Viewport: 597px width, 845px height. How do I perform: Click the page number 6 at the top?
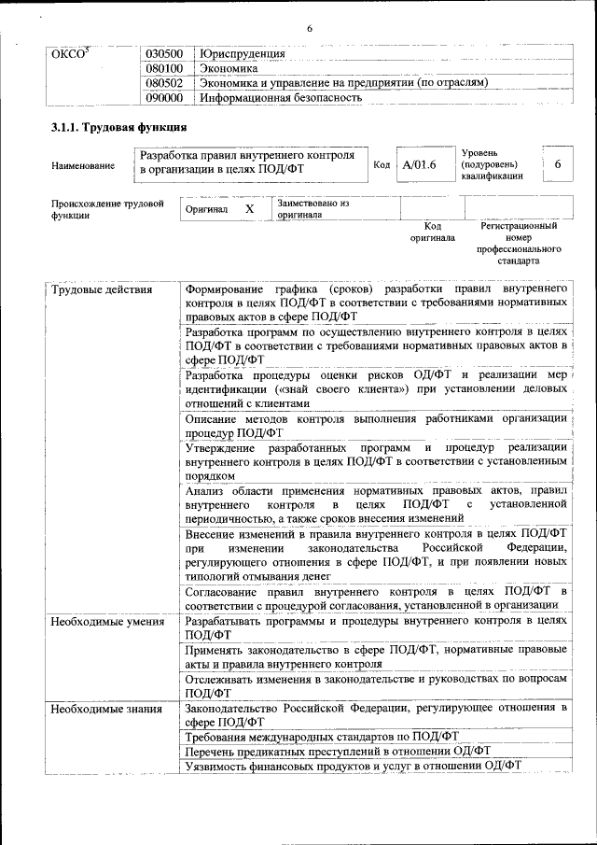(x=309, y=28)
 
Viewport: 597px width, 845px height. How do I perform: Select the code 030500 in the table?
(x=165, y=54)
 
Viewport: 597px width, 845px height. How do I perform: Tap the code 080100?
(x=165, y=68)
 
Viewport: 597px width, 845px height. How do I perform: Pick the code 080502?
(x=165, y=82)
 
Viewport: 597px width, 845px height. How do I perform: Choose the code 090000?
(x=165, y=96)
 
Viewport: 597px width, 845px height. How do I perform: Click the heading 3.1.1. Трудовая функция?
(x=118, y=127)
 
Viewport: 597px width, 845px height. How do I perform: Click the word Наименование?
(x=84, y=166)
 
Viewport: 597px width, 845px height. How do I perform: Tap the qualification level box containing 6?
(x=557, y=164)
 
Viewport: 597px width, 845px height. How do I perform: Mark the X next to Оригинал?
(x=249, y=209)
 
